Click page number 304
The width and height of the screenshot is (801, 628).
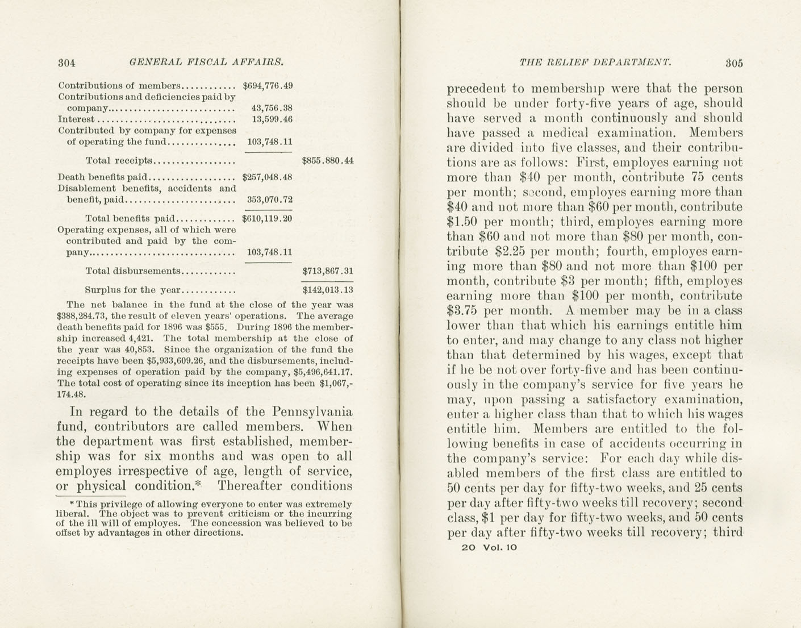click(x=66, y=63)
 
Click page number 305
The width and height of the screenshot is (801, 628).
click(x=733, y=63)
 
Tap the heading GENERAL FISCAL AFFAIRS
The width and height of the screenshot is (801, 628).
click(x=206, y=62)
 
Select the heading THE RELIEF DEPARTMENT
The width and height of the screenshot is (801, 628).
click(x=595, y=63)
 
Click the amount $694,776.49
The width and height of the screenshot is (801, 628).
click(x=267, y=86)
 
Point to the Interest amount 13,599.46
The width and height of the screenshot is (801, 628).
click(x=272, y=119)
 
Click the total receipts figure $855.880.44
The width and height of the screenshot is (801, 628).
click(x=328, y=161)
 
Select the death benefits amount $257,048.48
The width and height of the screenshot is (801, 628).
click(x=267, y=177)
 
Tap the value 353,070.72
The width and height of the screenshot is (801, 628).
click(x=269, y=199)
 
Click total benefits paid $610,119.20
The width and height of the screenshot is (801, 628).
click(x=267, y=218)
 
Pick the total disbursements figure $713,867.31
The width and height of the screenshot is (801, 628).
click(x=328, y=272)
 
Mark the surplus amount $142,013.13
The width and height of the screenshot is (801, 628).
click(x=328, y=290)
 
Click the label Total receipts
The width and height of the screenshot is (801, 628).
click(x=119, y=161)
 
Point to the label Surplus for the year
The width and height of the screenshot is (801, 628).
click(x=132, y=290)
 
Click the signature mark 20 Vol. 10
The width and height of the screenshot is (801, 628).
click(x=489, y=547)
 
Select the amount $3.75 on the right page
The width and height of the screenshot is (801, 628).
click(x=462, y=311)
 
